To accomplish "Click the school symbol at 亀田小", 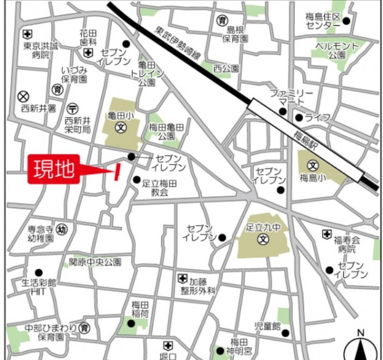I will click(120, 128).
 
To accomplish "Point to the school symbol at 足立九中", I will click(263, 239).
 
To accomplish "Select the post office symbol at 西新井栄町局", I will click(74, 108).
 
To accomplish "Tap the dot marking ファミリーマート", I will click(282, 112).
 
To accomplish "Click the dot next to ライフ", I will click(299, 117).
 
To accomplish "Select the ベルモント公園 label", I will click(337, 51).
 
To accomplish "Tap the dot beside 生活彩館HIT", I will click(38, 272).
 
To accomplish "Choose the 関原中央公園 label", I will click(95, 262).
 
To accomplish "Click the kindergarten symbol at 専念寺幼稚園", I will click(62, 228).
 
